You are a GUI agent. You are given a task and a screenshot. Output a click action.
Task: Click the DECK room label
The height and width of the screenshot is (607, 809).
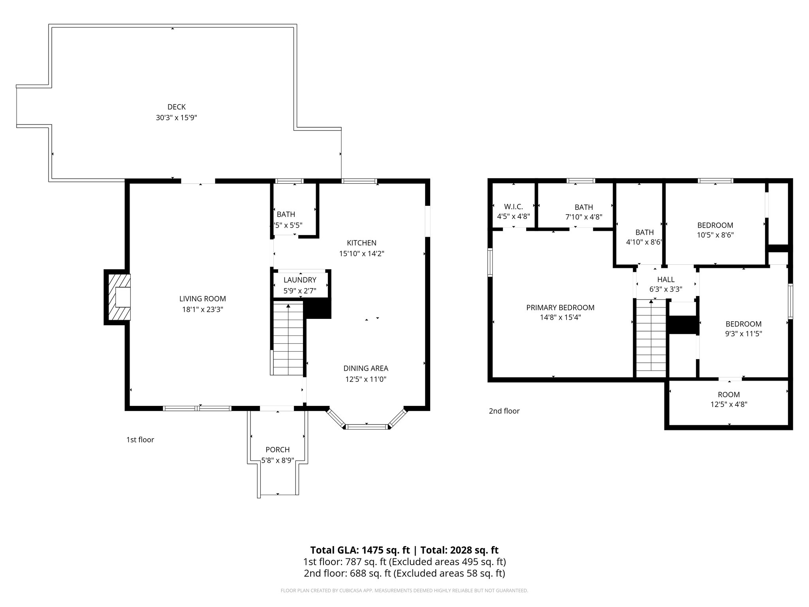click(176, 107)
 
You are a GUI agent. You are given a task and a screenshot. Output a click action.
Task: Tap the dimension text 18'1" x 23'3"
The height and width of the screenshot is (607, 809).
click(203, 310)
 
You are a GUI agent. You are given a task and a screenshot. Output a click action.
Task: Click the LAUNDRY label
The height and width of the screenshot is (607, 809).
click(300, 280)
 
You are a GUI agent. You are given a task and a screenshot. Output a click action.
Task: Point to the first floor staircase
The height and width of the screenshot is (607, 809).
click(288, 338)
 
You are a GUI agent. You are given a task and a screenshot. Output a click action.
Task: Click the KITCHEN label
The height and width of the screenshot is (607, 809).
click(361, 243)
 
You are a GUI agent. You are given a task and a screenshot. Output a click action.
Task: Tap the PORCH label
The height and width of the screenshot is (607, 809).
click(277, 450)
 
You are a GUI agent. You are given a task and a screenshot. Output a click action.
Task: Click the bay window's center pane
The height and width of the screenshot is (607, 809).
click(367, 426)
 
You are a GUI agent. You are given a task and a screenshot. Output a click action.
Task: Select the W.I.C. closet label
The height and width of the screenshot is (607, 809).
click(513, 207)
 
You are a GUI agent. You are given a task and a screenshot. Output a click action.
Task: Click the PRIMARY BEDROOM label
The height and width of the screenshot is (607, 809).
click(560, 307)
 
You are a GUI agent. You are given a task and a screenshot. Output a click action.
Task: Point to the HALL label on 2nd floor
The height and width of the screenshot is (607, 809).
click(666, 280)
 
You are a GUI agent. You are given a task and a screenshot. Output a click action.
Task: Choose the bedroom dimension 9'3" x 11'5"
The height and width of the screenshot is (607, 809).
click(743, 334)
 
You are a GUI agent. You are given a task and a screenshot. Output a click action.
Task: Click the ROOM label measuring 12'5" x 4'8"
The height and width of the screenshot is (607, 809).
click(728, 394)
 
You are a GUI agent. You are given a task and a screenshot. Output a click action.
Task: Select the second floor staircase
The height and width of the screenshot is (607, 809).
click(651, 338)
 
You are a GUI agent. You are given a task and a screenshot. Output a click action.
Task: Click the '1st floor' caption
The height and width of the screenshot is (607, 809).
click(140, 440)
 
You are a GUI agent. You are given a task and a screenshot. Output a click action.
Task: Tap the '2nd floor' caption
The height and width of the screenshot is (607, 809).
click(504, 411)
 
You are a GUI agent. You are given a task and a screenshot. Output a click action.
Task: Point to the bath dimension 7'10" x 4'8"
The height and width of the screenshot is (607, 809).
click(583, 217)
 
